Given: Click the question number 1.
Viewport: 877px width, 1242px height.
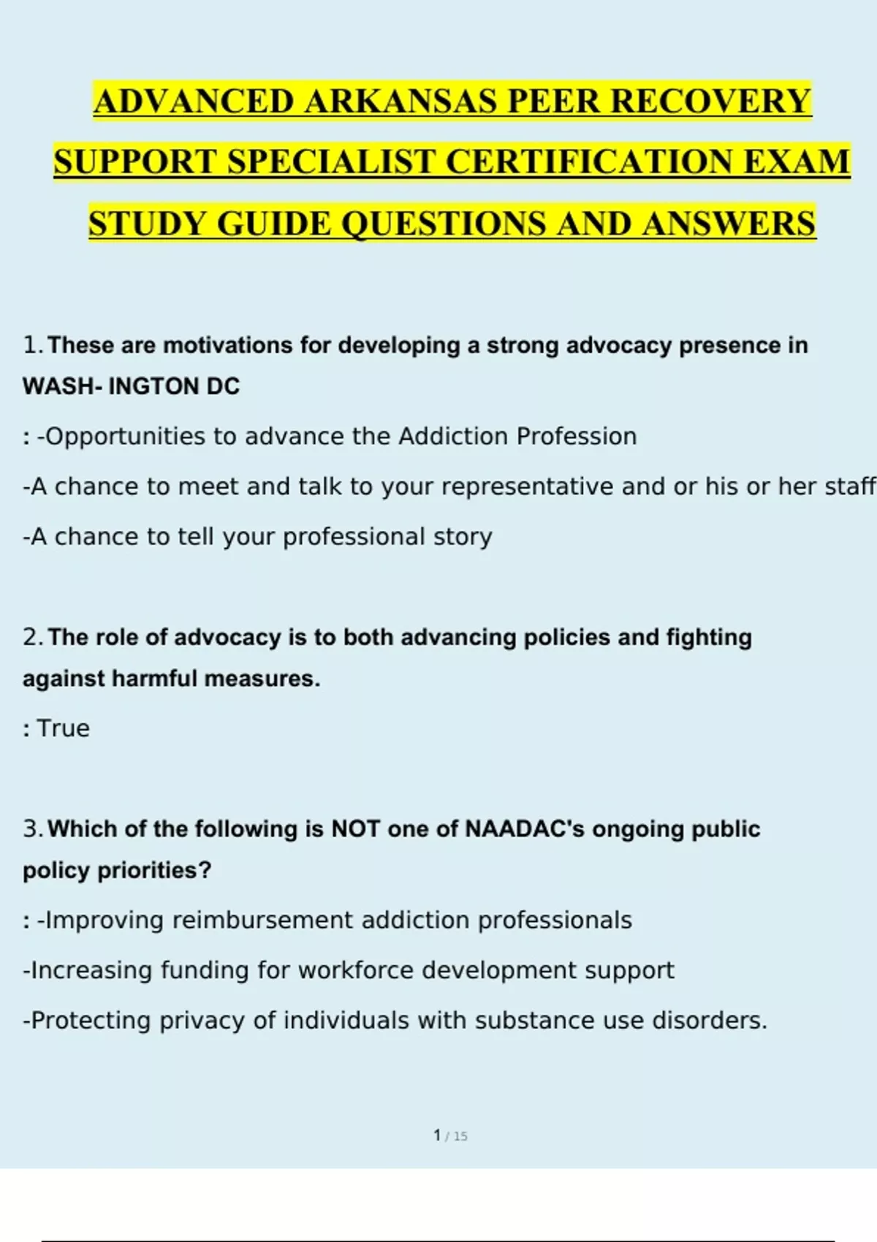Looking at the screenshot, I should pyautogui.click(x=31, y=345).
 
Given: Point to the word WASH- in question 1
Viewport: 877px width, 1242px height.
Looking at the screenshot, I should pyautogui.click(x=61, y=386).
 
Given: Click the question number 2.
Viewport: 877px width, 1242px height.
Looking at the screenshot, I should pyautogui.click(x=32, y=637).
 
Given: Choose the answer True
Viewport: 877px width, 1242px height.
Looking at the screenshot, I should pyautogui.click(x=63, y=728).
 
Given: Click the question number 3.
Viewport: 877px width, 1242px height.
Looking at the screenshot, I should pyautogui.click(x=32, y=829).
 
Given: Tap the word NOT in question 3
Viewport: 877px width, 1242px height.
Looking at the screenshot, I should pyautogui.click(x=355, y=829).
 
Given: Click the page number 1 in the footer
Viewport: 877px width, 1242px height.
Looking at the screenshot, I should pyautogui.click(x=437, y=1135).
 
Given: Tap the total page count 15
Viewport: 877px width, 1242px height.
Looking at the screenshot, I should pyautogui.click(x=460, y=1136).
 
